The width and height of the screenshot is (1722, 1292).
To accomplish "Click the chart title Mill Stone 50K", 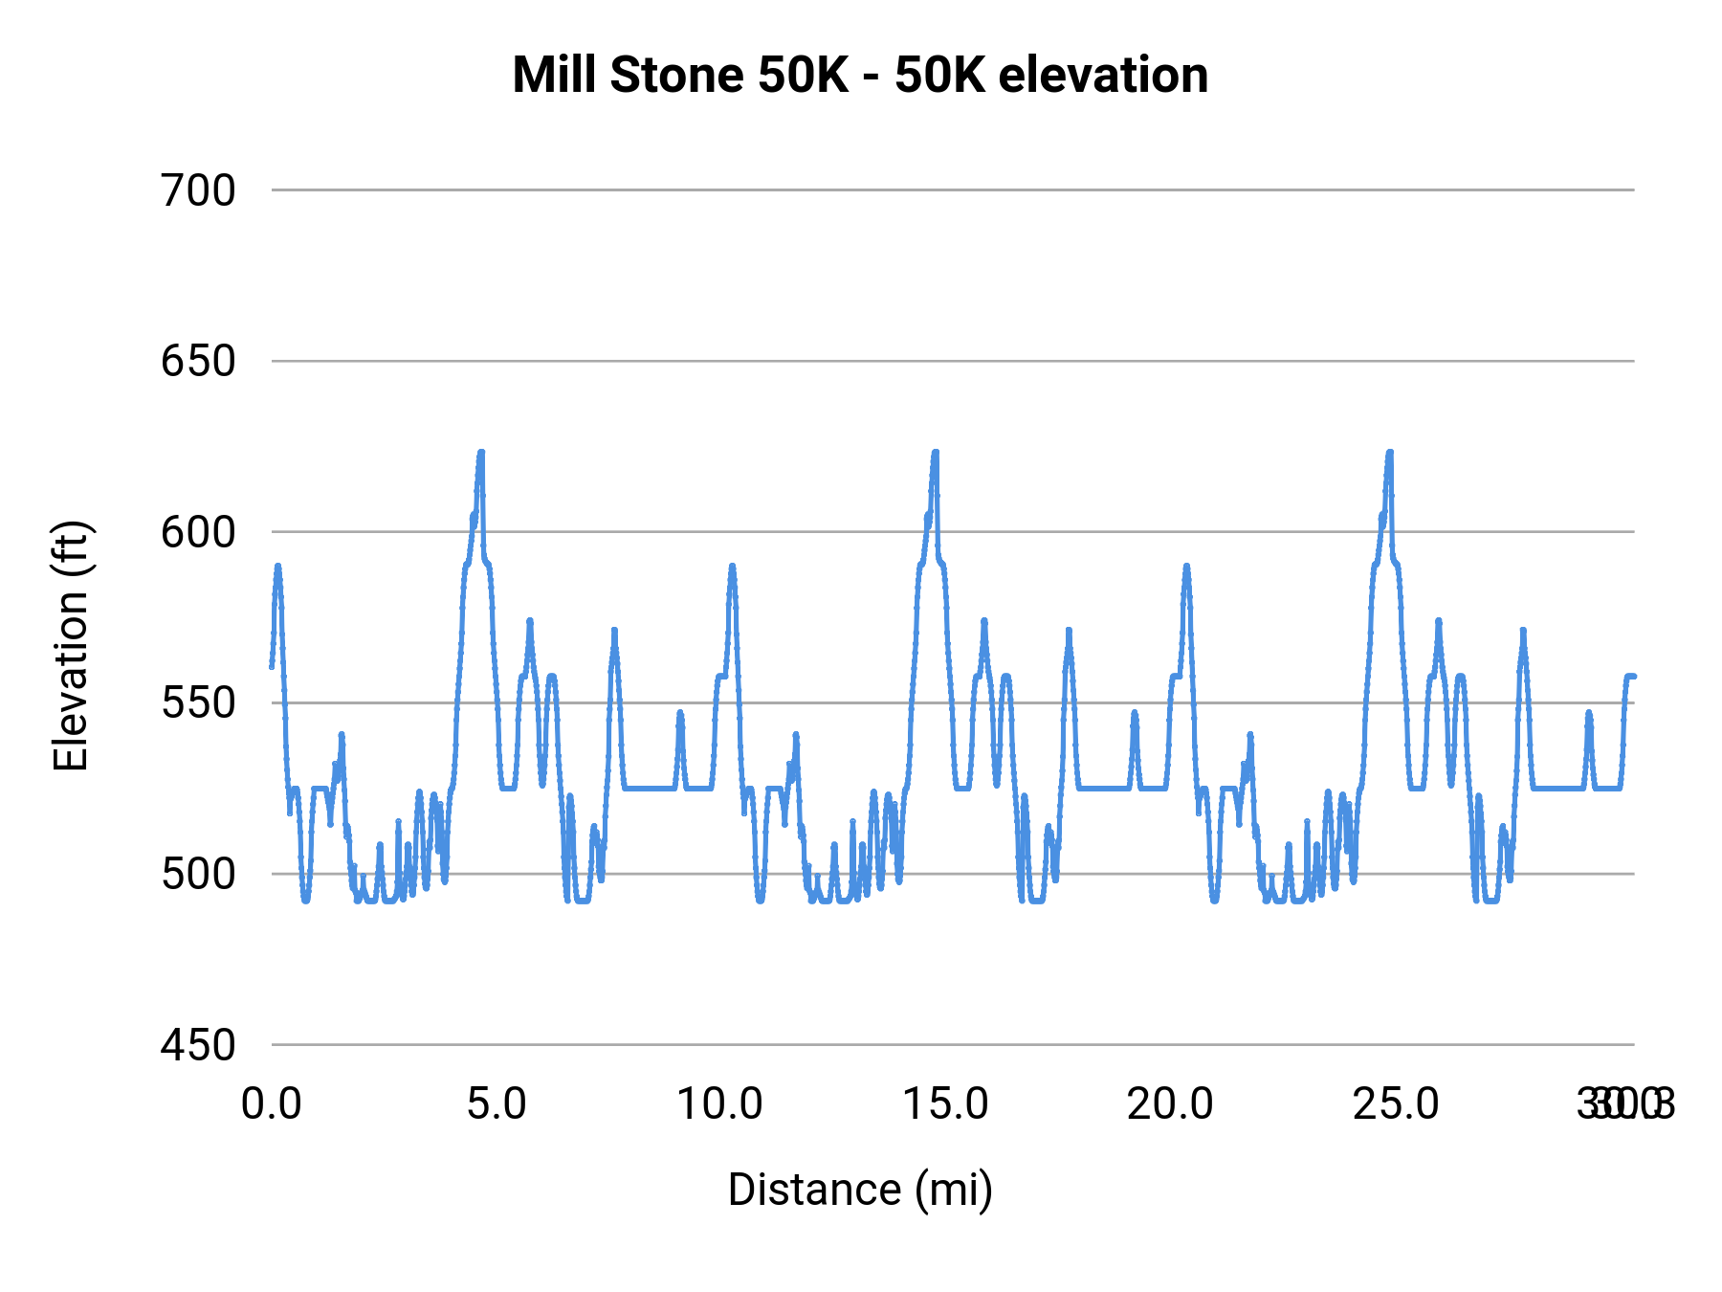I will tap(860, 75).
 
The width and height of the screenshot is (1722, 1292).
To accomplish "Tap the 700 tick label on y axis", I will tap(198, 190).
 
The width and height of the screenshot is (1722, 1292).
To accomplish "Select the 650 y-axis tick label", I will tap(198, 362).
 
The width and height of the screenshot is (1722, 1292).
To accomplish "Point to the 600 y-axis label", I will tap(198, 532).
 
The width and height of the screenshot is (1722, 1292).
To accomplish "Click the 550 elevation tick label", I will tap(198, 703).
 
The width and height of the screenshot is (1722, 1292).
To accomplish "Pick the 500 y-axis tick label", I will tap(198, 874).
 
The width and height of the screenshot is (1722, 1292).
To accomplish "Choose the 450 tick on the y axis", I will tap(198, 1045).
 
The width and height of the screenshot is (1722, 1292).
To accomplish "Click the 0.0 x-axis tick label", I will tap(272, 1104).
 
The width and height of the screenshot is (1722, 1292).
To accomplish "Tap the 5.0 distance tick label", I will tap(497, 1104).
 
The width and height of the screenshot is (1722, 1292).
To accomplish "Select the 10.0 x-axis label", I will tap(720, 1104).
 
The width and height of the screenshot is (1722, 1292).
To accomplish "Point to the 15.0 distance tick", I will tap(945, 1104).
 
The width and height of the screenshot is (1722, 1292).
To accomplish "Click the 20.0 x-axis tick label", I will tap(1170, 1104).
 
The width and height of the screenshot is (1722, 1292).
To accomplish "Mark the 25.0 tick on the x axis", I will tap(1395, 1104).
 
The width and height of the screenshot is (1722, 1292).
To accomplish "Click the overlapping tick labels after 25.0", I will tap(1625, 1104).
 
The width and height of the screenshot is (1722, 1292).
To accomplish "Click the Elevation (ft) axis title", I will tap(71, 646).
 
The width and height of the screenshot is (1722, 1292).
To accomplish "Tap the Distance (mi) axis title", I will tap(860, 1190).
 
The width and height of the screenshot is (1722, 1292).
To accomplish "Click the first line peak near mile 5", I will tap(481, 452).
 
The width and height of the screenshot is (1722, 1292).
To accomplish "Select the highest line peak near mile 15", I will tap(936, 452).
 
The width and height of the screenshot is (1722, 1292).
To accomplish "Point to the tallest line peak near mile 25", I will tap(1390, 452).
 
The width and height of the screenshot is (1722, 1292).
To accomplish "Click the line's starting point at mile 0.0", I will tap(272, 666).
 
